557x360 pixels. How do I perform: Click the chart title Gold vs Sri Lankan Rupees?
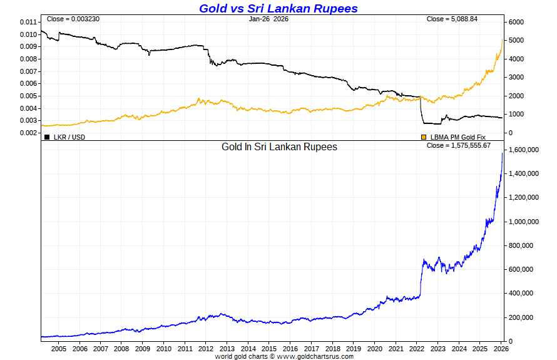coord(278,8)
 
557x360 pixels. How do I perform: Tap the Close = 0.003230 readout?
coord(73,19)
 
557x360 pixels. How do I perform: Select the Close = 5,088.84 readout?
coord(452,19)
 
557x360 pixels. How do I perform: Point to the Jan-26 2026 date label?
coord(268,19)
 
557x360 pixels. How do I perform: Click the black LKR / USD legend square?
coord(47,136)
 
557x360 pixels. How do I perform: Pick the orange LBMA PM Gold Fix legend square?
coord(424,136)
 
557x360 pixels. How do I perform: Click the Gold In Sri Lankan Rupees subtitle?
coord(279,147)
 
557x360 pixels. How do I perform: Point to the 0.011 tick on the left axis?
coord(28,22)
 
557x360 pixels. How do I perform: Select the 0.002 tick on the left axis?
coord(28,133)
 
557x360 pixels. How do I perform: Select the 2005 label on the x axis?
coord(58,349)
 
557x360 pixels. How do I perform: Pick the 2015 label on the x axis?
coord(269,349)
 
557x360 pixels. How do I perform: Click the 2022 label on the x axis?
coord(417,349)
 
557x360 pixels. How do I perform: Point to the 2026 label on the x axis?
coord(501,349)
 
